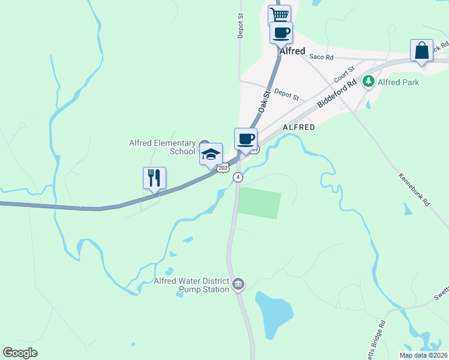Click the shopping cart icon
279,14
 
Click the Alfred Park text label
399,82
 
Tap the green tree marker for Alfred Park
368,82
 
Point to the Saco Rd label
321,57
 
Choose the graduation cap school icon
211,154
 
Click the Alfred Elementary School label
162,147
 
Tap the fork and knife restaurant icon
154,178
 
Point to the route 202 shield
223,169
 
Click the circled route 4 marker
238,177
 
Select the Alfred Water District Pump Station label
191,285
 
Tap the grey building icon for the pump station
238,284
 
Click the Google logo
20,353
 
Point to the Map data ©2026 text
423,355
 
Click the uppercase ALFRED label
299,127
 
